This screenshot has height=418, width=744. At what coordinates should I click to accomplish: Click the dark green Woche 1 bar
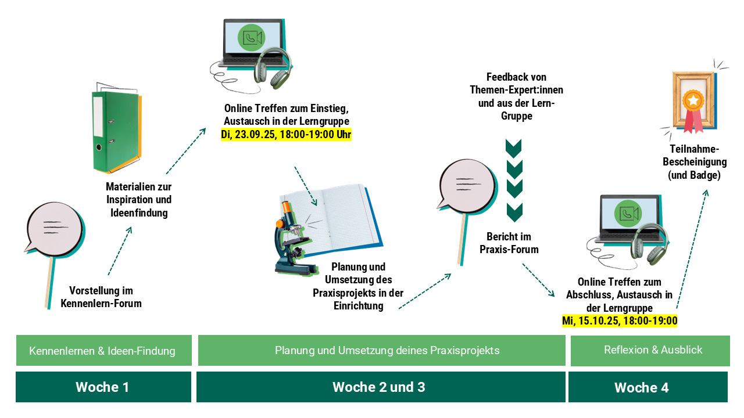(x=103, y=387)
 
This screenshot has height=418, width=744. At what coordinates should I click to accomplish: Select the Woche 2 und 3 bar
(x=381, y=387)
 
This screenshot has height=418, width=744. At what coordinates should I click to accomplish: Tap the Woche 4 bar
(x=648, y=387)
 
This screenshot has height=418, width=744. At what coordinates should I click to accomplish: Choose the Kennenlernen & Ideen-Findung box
(x=104, y=350)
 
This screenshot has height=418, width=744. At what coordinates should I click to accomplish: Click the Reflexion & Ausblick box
(x=650, y=351)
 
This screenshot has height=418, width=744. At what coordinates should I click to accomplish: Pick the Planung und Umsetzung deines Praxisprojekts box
(x=382, y=350)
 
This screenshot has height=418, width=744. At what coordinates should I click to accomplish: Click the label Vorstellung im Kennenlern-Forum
(x=101, y=297)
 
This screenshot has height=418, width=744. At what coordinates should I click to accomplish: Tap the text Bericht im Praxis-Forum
(x=509, y=243)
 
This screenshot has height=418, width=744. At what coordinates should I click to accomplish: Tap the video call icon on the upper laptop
(x=252, y=38)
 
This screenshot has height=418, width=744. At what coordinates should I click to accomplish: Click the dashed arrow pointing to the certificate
(x=693, y=249)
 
